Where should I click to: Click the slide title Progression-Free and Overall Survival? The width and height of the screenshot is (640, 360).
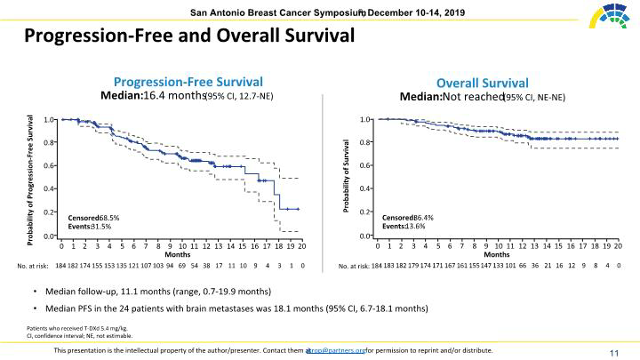(x=188, y=36)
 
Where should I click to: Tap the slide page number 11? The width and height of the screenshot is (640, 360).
(x=613, y=353)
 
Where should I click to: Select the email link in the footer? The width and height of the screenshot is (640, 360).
(x=336, y=350)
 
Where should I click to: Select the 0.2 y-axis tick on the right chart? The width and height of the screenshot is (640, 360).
(x=365, y=212)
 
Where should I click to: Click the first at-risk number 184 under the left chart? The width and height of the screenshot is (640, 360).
(x=61, y=266)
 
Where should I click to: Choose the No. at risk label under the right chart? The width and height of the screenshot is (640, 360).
(x=353, y=266)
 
